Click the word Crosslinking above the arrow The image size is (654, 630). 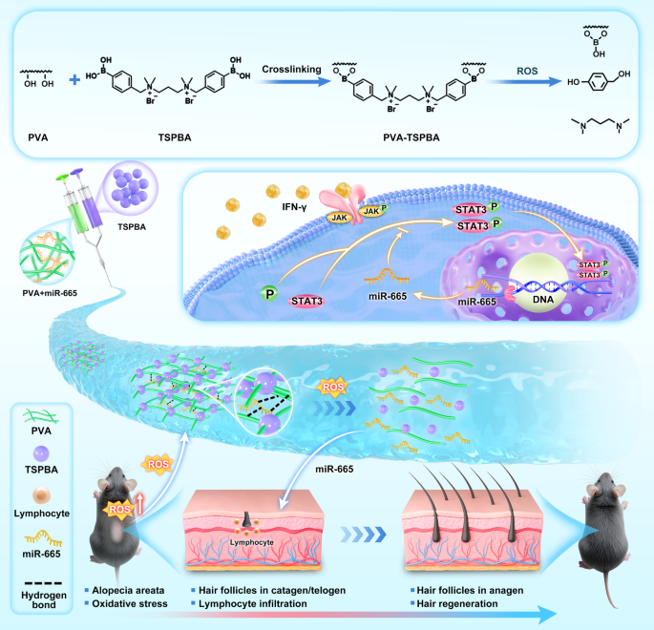[x=295, y=69]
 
